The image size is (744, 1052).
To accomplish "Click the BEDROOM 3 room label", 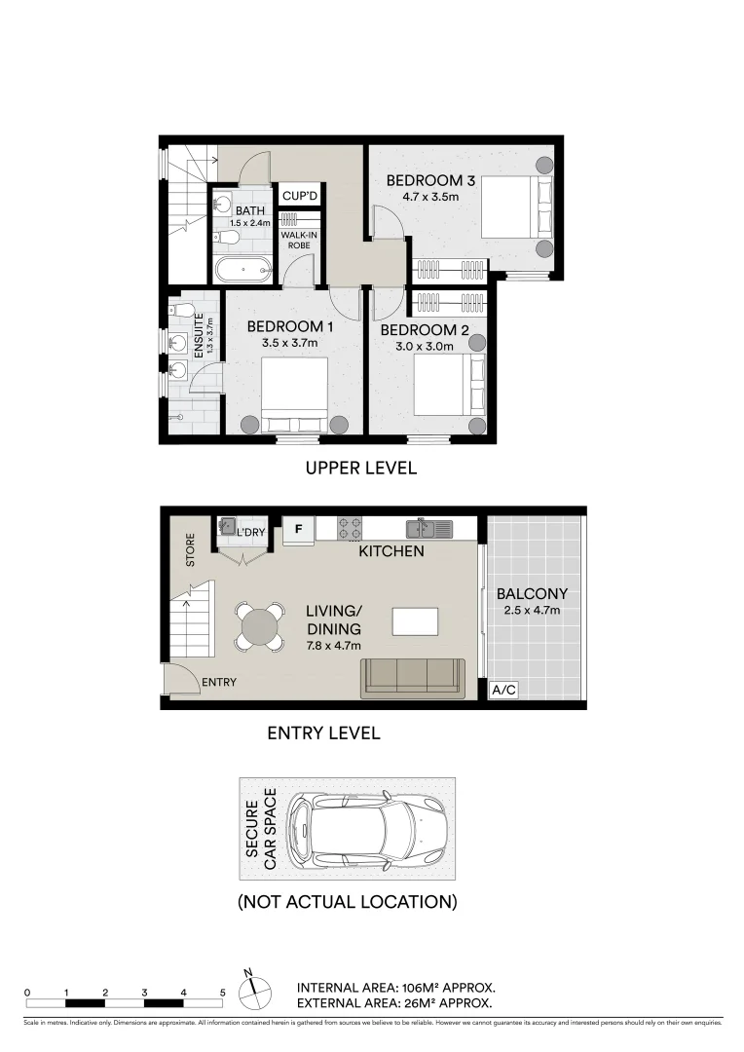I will [x=430, y=180].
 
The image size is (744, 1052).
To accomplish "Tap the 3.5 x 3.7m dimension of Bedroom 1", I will [x=290, y=343].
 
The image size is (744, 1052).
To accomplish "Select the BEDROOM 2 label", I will [x=423, y=330].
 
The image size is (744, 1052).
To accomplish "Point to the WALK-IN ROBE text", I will [x=300, y=241].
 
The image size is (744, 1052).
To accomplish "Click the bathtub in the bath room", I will [x=243, y=270].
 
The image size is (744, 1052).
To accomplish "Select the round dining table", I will [x=260, y=626].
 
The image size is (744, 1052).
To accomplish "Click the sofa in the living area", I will [x=412, y=677].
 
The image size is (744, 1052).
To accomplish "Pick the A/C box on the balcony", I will [x=503, y=690].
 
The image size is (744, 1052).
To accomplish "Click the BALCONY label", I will [x=532, y=593].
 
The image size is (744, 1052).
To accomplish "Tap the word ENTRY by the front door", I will [x=219, y=683].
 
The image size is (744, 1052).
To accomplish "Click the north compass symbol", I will [x=255, y=990].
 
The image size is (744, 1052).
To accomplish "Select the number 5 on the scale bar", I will [x=223, y=992].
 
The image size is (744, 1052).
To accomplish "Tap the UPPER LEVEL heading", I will [x=361, y=469].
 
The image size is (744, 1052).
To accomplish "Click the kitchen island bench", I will [x=415, y=620].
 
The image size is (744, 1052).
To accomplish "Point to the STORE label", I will [x=190, y=548].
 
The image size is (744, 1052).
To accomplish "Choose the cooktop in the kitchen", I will [x=351, y=529].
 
